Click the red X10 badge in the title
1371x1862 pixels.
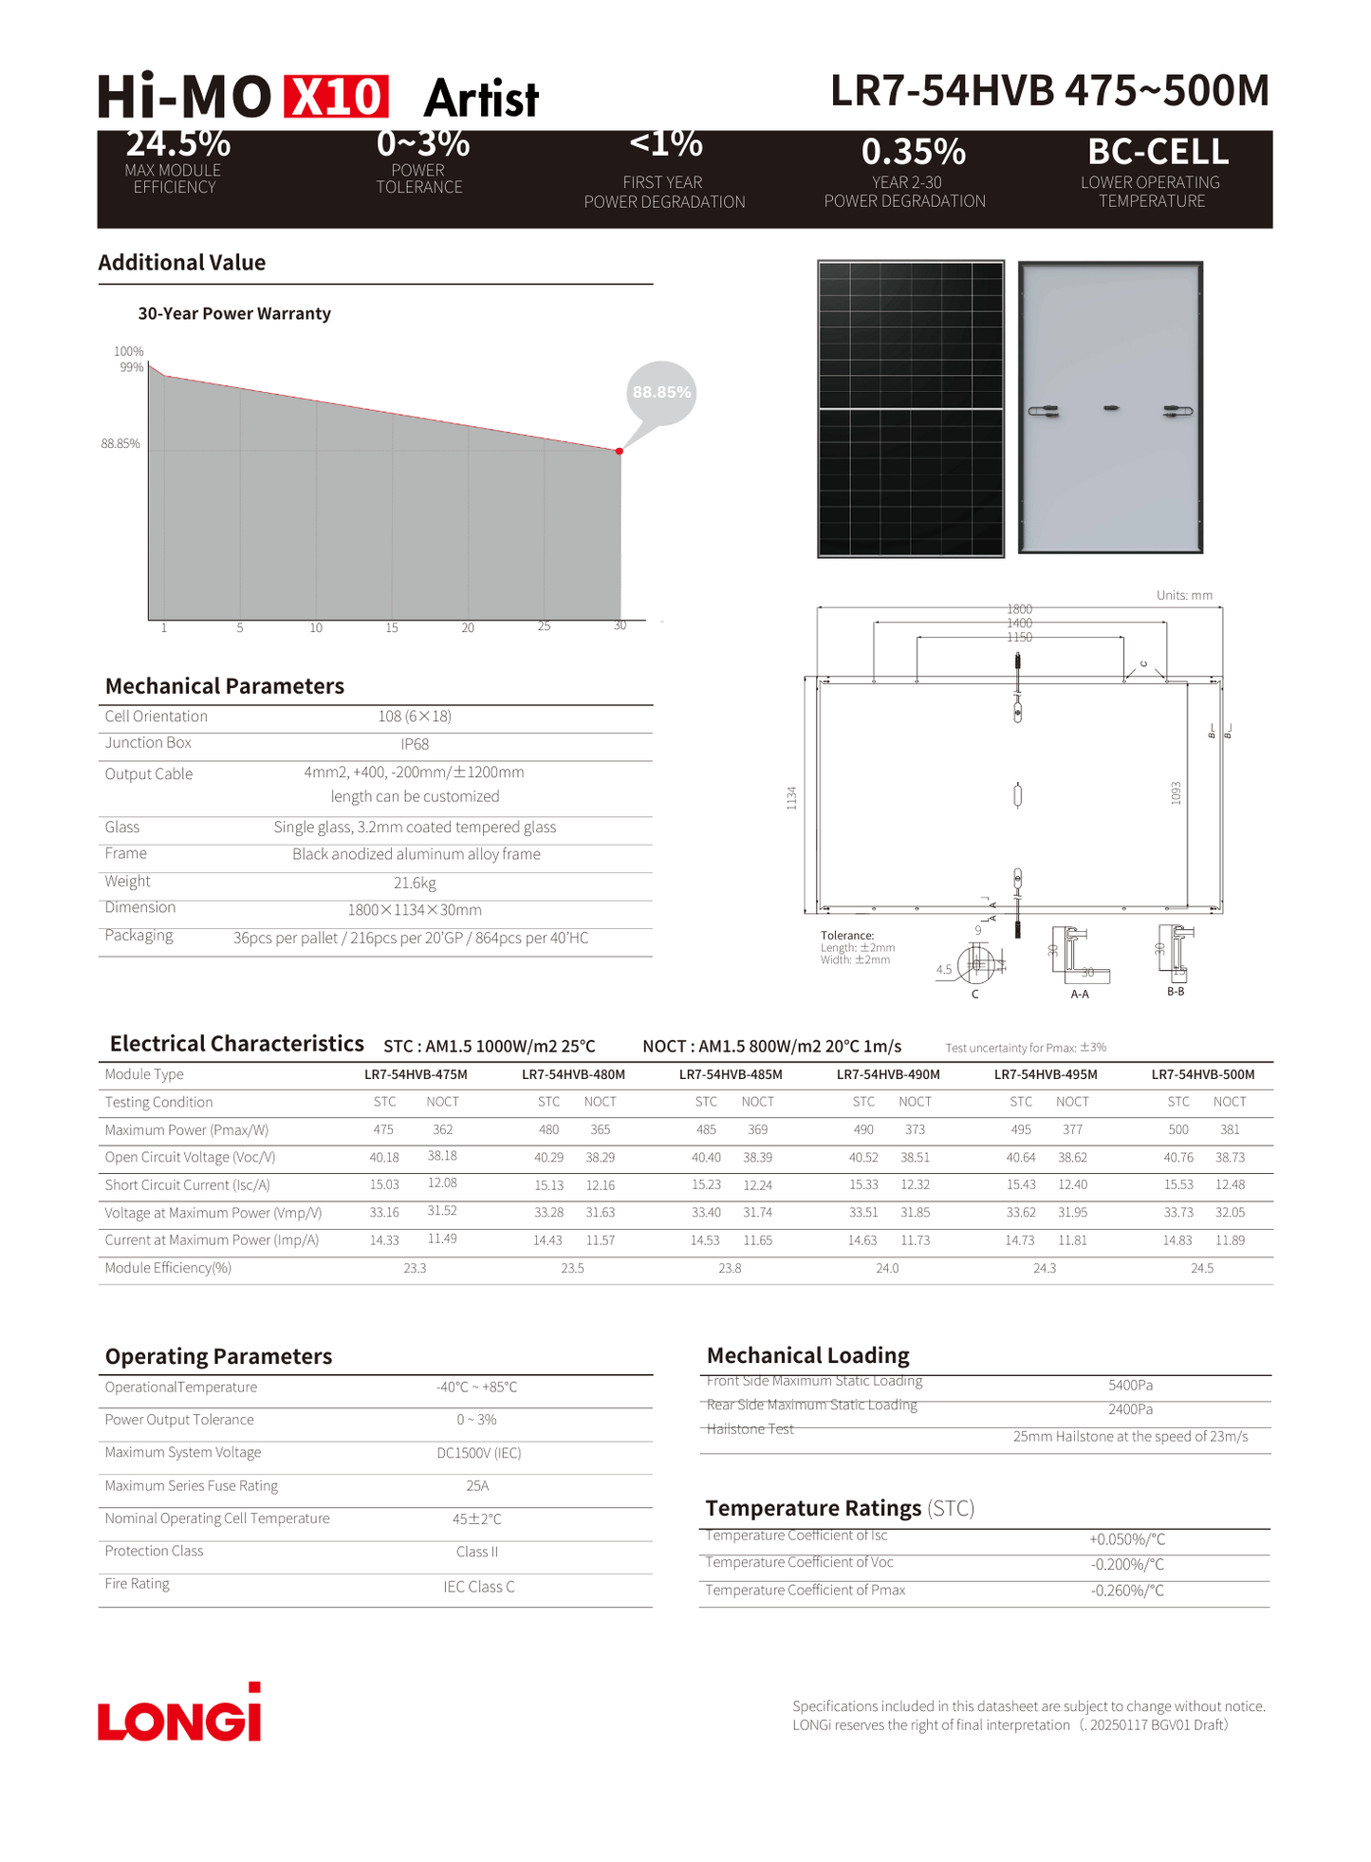click(336, 97)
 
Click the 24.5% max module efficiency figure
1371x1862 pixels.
click(178, 144)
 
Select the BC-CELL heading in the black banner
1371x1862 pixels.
click(1158, 152)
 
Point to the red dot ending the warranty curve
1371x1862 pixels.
click(620, 451)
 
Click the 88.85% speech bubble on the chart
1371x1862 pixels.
click(661, 392)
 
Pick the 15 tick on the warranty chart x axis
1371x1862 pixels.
click(392, 628)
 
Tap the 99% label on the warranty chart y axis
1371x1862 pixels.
click(132, 367)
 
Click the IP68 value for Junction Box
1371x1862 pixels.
click(415, 744)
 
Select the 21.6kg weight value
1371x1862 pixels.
click(415, 883)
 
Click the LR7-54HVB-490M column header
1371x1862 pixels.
click(888, 1074)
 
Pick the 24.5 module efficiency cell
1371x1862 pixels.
click(1202, 1268)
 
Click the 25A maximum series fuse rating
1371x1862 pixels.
click(477, 1486)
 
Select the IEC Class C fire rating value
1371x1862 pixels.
click(479, 1587)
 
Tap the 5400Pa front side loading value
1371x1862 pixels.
click(1130, 1386)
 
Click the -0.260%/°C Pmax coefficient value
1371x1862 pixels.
click(1127, 1591)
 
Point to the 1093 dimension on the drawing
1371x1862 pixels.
click(1176, 793)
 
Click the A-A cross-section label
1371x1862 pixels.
click(1080, 994)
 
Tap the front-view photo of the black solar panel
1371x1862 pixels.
click(911, 409)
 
